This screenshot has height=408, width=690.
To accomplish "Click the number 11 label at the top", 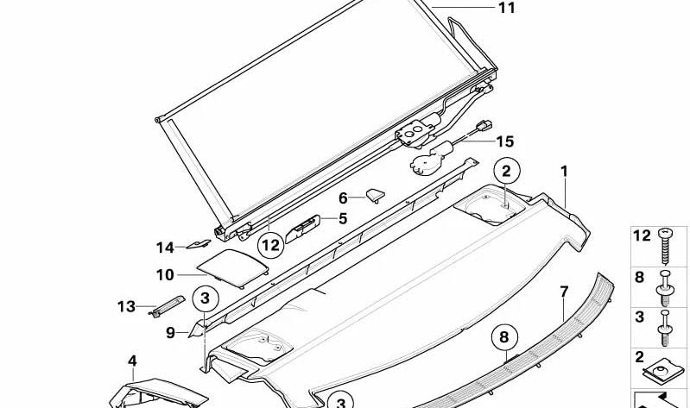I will coord(505,8).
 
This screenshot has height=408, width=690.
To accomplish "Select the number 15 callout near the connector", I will coord(504,141).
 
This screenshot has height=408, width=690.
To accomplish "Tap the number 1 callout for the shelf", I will coord(564,172).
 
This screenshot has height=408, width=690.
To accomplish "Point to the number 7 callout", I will coord(563,291).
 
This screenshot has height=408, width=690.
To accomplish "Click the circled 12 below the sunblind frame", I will coord(270,246).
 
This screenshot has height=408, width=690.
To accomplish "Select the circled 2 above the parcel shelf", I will coord(507,170).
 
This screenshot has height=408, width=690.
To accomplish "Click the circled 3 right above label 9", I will coord(205,299).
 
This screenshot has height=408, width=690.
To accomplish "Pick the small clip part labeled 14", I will coord(200,247).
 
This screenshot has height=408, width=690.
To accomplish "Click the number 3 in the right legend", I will coord(640,317).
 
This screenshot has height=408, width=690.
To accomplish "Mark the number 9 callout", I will coord(170,331).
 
